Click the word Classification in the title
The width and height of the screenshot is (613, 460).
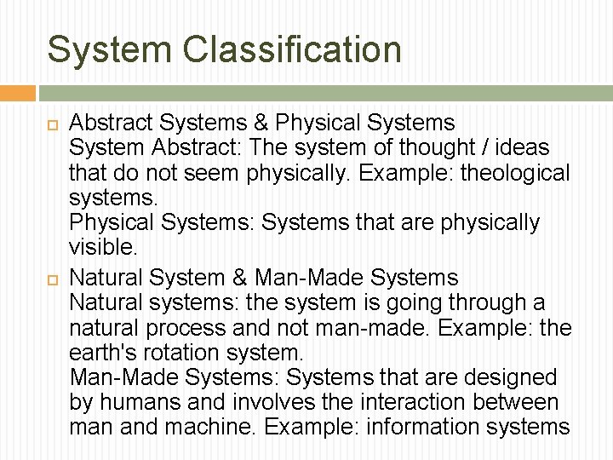coord(292,49)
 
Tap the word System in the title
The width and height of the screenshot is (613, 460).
coord(108,49)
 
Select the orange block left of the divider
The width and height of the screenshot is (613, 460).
coord(18,93)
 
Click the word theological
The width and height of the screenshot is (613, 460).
coord(515,174)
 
